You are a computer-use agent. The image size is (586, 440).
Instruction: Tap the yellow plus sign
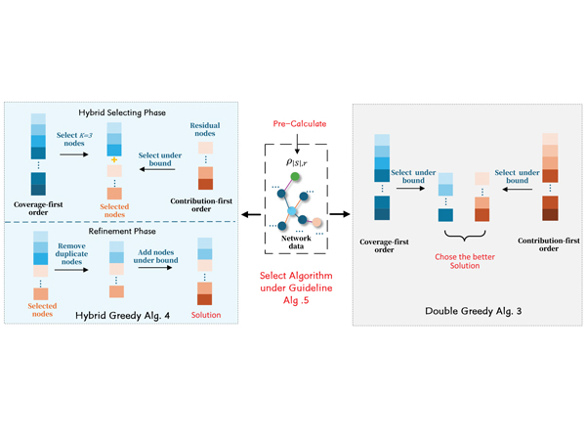pyautogui.click(x=114, y=158)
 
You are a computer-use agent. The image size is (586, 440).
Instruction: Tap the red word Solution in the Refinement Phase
pyautogui.click(x=205, y=315)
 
